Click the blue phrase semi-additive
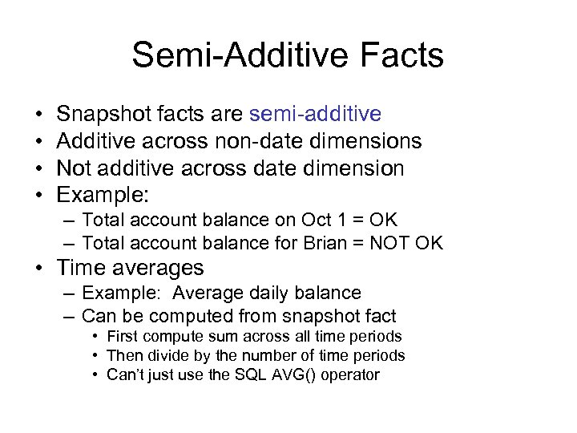(315, 114)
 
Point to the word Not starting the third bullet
(76, 168)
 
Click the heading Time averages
(130, 268)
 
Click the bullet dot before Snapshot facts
(39, 115)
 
